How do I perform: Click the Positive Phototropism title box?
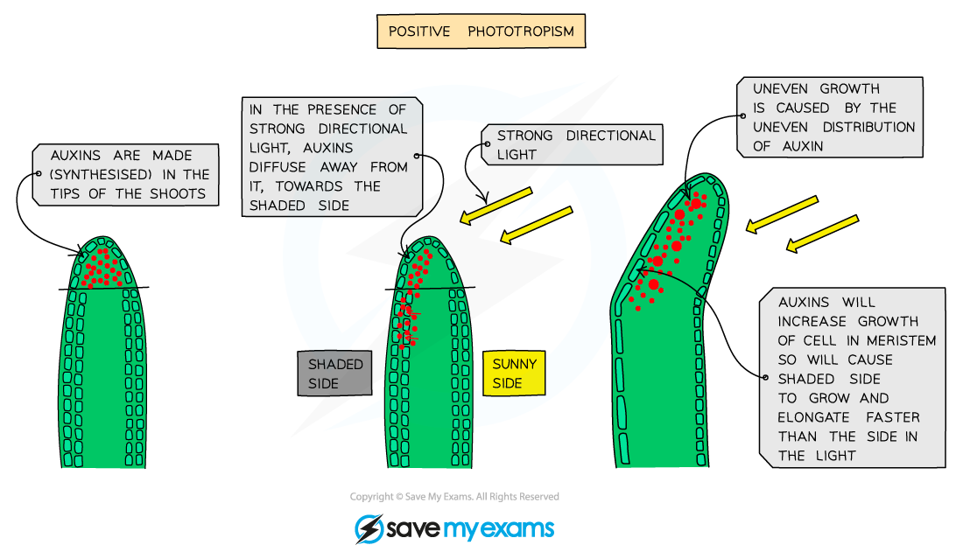[x=481, y=31]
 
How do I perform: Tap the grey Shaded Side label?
[x=334, y=374]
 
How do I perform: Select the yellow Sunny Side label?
[x=514, y=374]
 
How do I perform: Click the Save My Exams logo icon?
[x=369, y=528]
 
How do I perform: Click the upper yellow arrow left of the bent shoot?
[x=496, y=205]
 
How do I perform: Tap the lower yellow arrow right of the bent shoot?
[x=821, y=234]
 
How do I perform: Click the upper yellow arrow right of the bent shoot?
[x=781, y=214]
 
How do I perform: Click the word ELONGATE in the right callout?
[x=813, y=417]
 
